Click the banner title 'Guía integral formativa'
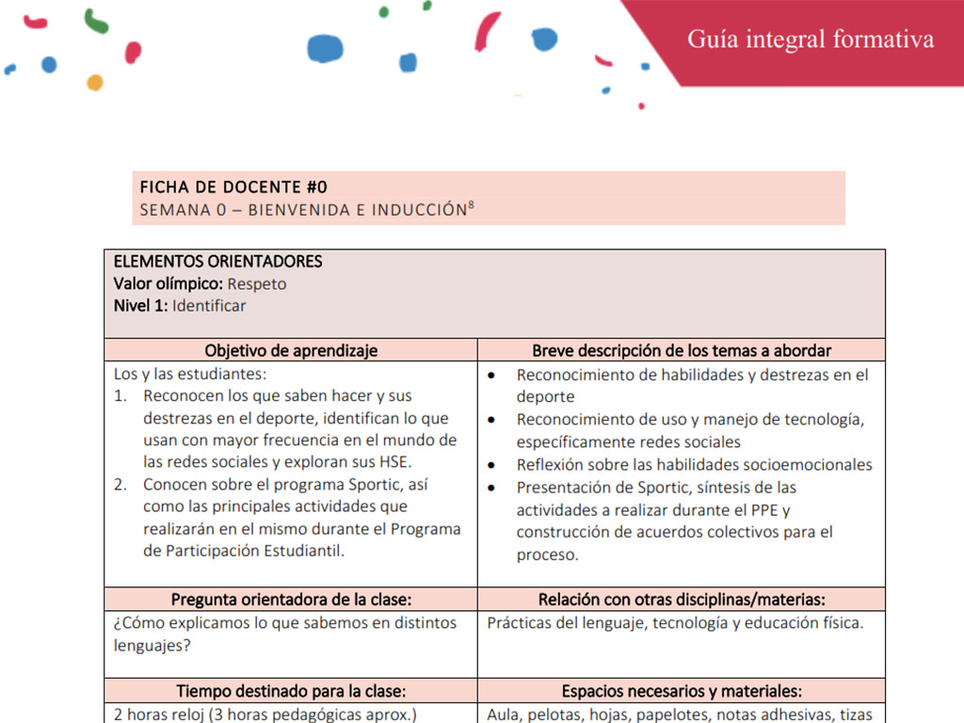(x=811, y=40)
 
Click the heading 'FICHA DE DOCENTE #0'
(x=233, y=186)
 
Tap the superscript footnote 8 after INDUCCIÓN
(x=471, y=204)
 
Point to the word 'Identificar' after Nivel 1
(x=209, y=306)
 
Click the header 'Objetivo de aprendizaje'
(x=291, y=350)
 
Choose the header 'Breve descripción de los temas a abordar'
(x=682, y=350)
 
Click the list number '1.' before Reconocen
(x=120, y=396)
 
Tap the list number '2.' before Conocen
(x=120, y=486)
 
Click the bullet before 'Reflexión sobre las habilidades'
(x=492, y=466)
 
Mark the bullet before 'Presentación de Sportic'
(x=492, y=489)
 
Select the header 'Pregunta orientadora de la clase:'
(x=291, y=600)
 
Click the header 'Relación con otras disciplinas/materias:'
(x=682, y=600)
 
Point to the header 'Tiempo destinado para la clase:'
(x=291, y=691)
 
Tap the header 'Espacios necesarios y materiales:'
(x=682, y=691)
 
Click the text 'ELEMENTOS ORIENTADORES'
(x=217, y=262)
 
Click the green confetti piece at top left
(x=95, y=20)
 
